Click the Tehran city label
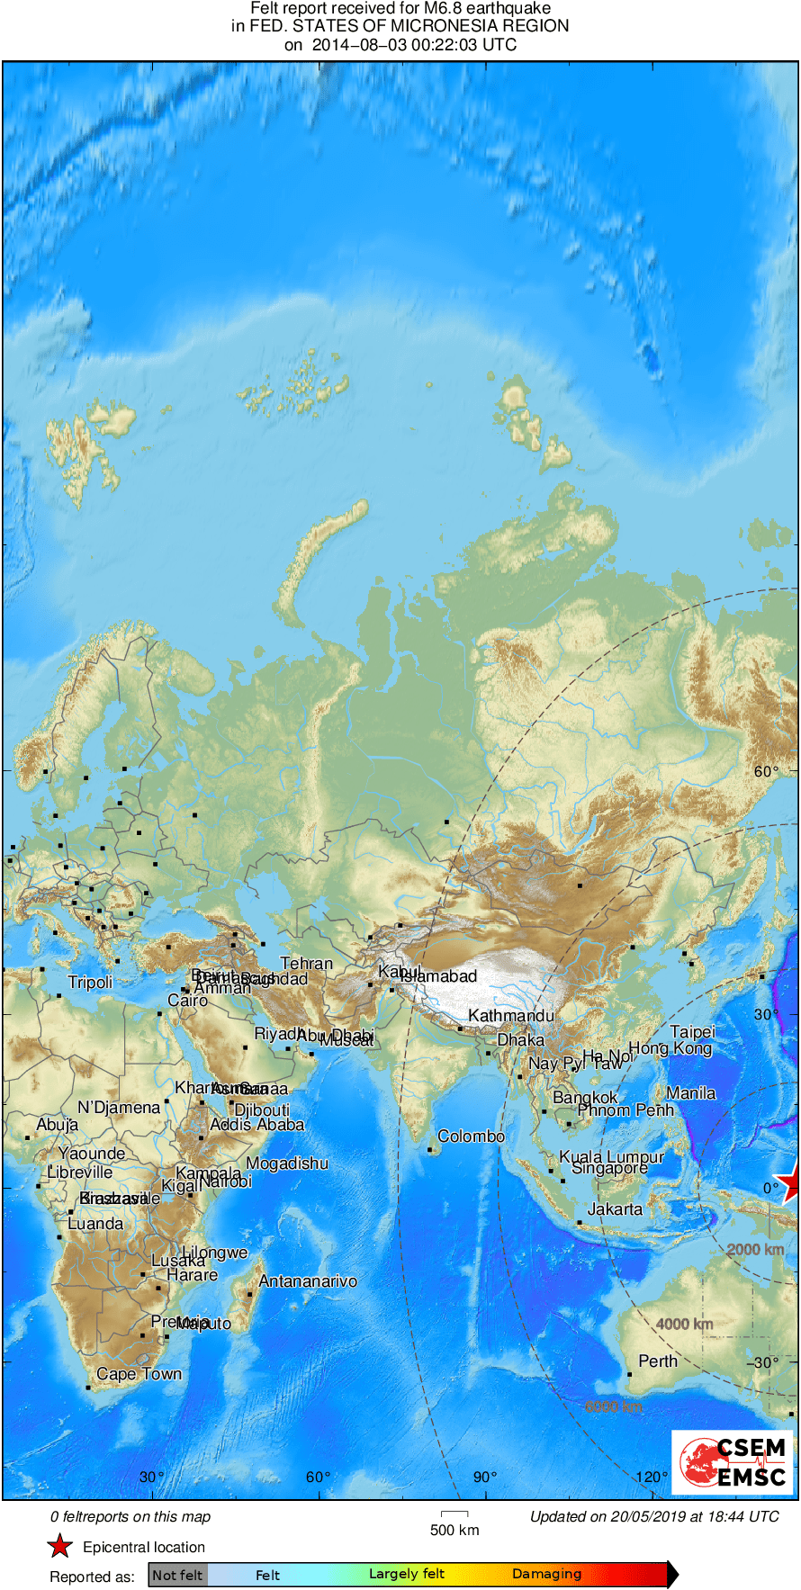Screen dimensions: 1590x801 [306, 964]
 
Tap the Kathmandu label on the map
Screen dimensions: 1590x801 [510, 1016]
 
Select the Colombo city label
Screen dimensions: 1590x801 [471, 1136]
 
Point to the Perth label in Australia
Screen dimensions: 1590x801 [657, 1361]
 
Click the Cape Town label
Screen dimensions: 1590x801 [139, 1374]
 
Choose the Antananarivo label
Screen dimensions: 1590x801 [308, 1281]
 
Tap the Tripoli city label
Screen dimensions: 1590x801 [90, 983]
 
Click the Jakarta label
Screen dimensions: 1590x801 [615, 1209]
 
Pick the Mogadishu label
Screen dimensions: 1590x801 [287, 1163]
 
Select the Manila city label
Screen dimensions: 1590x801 [691, 1093]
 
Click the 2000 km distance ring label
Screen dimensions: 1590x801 [755, 1250]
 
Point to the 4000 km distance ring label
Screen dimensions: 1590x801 [684, 1324]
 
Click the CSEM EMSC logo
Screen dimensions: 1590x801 [732, 1462]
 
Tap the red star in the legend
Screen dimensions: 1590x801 [59, 1547]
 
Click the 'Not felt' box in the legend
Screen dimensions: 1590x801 [177, 1575]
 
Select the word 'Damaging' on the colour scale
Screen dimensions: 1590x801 [546, 1574]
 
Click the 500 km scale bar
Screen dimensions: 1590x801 [454, 1514]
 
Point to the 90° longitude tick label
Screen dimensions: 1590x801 [484, 1477]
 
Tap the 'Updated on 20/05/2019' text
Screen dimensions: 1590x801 [654, 1516]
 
